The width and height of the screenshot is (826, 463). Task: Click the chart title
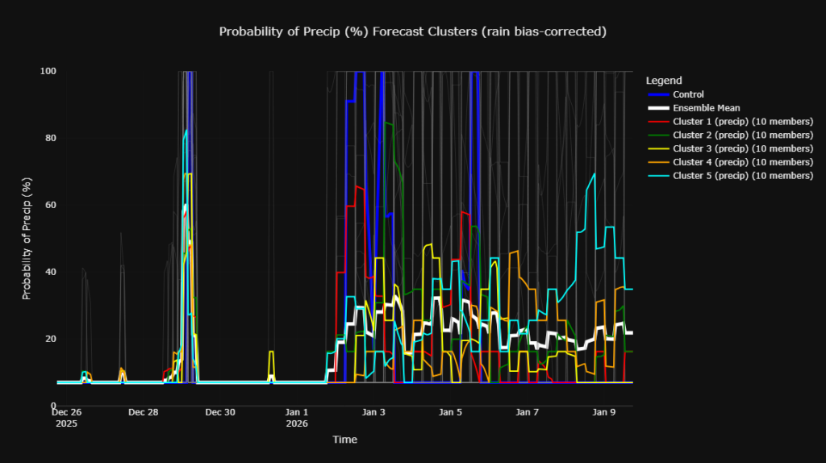point(412,31)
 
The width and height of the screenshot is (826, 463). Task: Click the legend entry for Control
point(688,94)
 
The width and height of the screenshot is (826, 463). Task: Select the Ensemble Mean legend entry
point(706,108)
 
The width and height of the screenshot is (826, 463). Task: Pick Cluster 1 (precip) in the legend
point(742,122)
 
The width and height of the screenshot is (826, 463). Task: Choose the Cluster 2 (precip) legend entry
point(742,135)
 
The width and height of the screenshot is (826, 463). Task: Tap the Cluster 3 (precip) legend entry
point(742,148)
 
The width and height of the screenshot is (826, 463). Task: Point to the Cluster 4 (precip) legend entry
point(742,162)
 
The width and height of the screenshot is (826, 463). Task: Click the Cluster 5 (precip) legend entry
point(742,176)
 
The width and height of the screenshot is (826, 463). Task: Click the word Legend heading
point(664,81)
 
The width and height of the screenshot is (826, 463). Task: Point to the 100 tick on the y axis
point(48,71)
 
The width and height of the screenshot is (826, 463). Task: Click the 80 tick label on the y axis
point(50,138)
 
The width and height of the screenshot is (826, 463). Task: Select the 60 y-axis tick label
point(50,205)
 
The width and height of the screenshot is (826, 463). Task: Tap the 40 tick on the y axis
point(50,272)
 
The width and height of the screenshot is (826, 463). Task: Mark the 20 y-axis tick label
point(50,339)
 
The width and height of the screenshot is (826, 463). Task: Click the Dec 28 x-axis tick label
point(143,412)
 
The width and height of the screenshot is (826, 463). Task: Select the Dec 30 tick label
point(219,412)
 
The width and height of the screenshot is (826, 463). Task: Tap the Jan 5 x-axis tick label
point(450,412)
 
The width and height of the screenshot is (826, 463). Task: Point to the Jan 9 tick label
point(604,412)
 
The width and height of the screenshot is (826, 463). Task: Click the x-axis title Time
point(344,440)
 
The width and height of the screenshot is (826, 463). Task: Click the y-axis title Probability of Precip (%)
point(27,238)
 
